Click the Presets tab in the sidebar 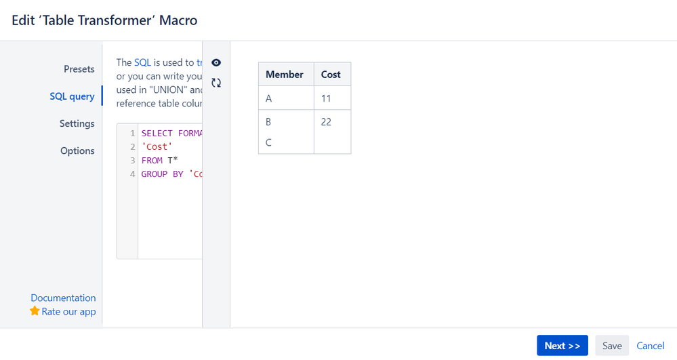pyautogui.click(x=79, y=69)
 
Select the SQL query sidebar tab pyautogui.click(x=72, y=96)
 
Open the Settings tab pyautogui.click(x=77, y=123)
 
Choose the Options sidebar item pyautogui.click(x=77, y=151)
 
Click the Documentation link pyautogui.click(x=63, y=298)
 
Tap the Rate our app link pyautogui.click(x=68, y=312)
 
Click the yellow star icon pyautogui.click(x=35, y=311)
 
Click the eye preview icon pyautogui.click(x=216, y=62)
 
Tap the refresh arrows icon pyautogui.click(x=216, y=83)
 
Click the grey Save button pyautogui.click(x=612, y=346)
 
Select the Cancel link pyautogui.click(x=651, y=346)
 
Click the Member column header pyautogui.click(x=285, y=75)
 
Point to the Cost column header pyautogui.click(x=331, y=75)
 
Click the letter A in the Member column pyautogui.click(x=269, y=98)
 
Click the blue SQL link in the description pyautogui.click(x=142, y=62)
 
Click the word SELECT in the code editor pyautogui.click(x=157, y=134)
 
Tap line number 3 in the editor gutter pyautogui.click(x=132, y=161)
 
